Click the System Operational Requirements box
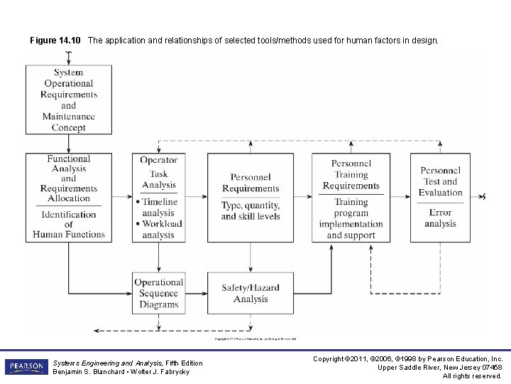pos(69,100)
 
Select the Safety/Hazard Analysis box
pos(250,293)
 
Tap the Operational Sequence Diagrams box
pos(159,293)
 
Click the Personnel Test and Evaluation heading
pos(440,181)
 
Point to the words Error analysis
pos(440,218)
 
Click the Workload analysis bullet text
pos(160,229)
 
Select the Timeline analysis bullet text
pos(159,207)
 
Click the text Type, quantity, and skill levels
pos(251,210)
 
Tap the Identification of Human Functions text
pos(69,224)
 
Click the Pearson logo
pos(26,366)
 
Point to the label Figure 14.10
pos(55,41)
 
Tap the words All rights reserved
pos(472,376)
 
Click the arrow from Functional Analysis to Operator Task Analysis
pos(122,198)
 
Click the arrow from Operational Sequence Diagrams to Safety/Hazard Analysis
pos(196,293)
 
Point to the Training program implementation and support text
pos(351,218)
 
